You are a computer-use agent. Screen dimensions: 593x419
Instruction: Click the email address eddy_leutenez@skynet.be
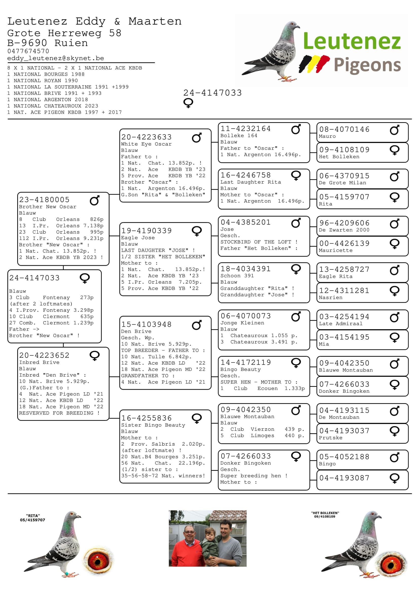point(56,58)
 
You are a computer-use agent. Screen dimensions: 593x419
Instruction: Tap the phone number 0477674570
point(28,51)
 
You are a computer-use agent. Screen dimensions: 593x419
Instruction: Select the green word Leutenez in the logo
point(352,41)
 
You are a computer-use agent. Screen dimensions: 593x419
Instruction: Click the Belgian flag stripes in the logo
point(314,63)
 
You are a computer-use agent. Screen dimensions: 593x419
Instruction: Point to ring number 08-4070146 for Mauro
point(344,129)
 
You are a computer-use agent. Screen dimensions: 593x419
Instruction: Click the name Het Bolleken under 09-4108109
point(339,157)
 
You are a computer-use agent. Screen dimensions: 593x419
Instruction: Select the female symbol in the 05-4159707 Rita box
point(394,197)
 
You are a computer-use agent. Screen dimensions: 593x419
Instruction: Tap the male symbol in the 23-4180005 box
point(95,201)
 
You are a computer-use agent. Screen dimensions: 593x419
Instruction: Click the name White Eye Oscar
point(146,144)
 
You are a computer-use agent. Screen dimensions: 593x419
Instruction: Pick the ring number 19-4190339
point(146,231)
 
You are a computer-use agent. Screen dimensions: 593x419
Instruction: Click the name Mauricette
point(335,250)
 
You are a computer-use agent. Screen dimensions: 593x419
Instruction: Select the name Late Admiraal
point(340,324)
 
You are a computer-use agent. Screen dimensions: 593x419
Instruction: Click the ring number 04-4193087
point(344,478)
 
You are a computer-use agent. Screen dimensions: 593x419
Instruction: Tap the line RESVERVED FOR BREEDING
point(59,413)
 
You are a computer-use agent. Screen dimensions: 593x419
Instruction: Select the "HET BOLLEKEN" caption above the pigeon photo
point(325,513)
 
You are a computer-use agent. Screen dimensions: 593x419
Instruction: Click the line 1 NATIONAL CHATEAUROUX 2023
point(53,106)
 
